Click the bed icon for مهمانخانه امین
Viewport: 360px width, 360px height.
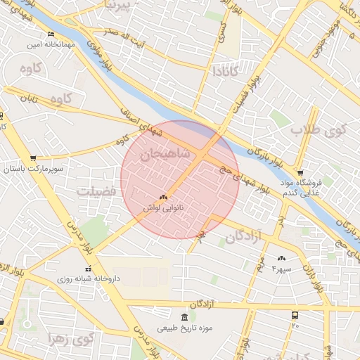point(50,34)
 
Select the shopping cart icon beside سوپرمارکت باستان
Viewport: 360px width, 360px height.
point(33,158)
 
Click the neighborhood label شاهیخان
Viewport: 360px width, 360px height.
point(165,155)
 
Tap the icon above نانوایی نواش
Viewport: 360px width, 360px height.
point(164,198)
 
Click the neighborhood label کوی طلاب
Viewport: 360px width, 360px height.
point(321,130)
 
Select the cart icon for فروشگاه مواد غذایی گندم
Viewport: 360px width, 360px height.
point(300,173)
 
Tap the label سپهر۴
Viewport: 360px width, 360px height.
point(282,269)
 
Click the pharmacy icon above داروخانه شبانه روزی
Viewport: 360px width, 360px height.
point(88,269)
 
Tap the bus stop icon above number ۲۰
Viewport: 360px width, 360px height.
point(295,316)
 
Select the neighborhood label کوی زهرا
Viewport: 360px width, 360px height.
point(70,339)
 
